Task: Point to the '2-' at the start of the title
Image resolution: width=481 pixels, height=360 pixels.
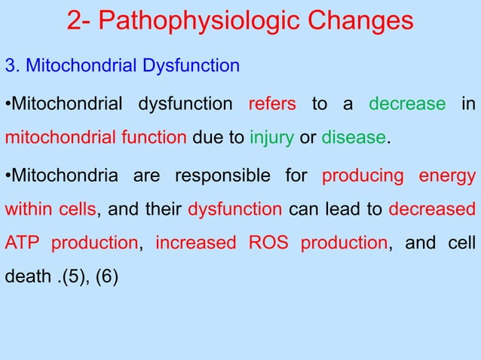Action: pos(78,20)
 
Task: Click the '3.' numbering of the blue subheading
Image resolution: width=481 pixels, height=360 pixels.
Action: pos(13,65)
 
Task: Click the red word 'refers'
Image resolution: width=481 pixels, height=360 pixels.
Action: pos(272,103)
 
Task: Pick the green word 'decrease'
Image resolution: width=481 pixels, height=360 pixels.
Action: pos(407,103)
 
